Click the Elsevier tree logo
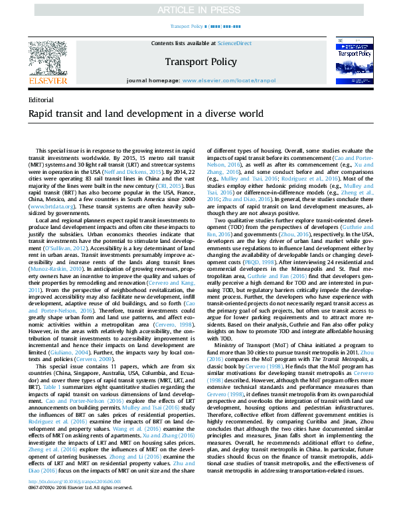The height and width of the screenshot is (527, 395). click(x=48, y=58)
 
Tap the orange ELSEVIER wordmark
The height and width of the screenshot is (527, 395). click(x=48, y=80)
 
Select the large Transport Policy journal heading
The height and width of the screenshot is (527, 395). click(x=200, y=62)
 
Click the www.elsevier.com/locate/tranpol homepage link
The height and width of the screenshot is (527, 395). click(x=229, y=80)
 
